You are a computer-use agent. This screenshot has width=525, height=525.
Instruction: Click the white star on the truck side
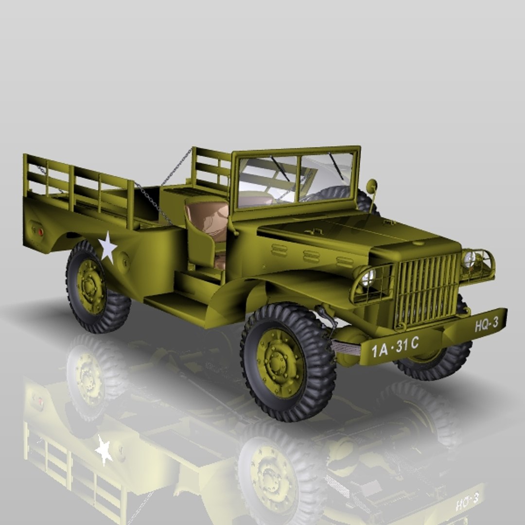point(107,247)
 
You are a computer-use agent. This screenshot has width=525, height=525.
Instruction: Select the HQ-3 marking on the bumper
point(486,324)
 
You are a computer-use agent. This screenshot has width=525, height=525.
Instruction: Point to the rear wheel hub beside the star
point(90,286)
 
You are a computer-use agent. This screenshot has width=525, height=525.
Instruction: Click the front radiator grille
point(426,290)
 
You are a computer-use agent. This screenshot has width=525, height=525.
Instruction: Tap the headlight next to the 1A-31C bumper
point(368,278)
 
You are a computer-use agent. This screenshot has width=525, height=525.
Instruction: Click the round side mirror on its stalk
point(371,186)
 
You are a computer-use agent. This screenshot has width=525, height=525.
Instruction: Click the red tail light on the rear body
point(40,231)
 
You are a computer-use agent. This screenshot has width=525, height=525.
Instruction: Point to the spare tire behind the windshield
point(340,194)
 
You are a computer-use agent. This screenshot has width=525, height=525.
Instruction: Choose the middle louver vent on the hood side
point(312,256)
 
